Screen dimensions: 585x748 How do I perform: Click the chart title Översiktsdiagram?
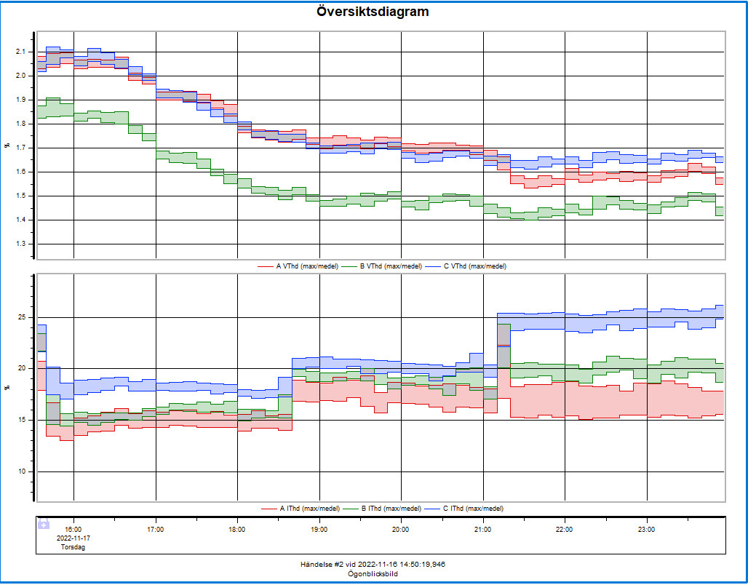tap(373, 12)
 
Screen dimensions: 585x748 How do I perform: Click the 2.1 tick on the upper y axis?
tap(20, 52)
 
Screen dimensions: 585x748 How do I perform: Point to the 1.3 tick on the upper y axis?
tap(20, 244)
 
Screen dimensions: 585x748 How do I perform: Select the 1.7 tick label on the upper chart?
tap(20, 148)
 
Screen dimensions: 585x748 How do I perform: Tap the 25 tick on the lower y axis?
tap(21, 317)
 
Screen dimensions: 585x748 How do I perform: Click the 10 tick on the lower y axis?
tap(21, 471)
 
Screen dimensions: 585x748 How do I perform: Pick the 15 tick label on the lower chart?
tap(21, 420)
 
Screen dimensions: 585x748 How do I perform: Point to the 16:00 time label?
tap(73, 530)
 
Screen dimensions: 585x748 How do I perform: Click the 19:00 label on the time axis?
tap(319, 530)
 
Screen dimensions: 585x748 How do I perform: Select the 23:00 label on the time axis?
tap(646, 530)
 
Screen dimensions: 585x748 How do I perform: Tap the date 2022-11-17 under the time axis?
tap(73, 538)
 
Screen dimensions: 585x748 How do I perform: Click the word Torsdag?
tap(73, 547)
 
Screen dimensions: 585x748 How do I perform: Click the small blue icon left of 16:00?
tap(43, 524)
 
